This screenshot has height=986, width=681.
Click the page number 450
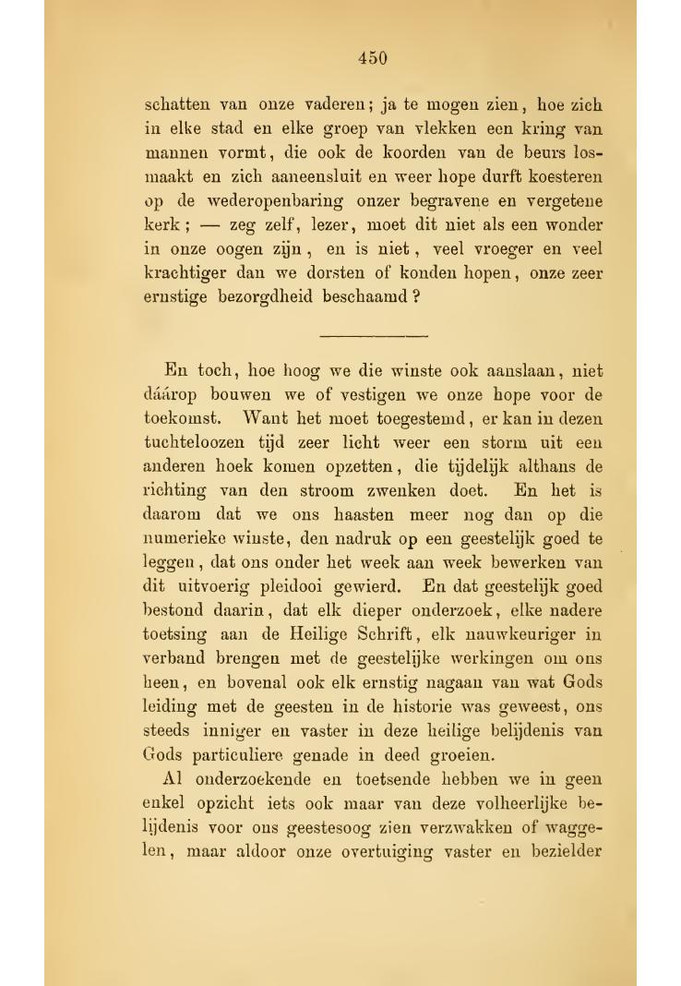372,58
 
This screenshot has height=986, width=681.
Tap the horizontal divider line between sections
373,334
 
